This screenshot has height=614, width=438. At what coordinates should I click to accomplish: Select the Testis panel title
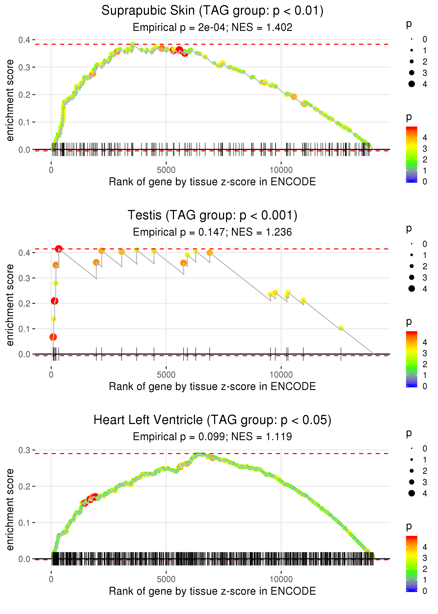212,215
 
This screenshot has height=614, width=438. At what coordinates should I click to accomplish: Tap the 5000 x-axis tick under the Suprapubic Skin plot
166,170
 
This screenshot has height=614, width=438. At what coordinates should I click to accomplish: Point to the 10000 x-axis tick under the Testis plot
281,375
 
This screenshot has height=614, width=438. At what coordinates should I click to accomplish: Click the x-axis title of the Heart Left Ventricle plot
212,591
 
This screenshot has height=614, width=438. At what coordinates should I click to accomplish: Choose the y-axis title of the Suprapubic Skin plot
10,101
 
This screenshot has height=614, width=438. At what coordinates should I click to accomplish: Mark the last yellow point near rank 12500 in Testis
341,328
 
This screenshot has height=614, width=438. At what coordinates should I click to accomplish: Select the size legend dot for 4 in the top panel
412,84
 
